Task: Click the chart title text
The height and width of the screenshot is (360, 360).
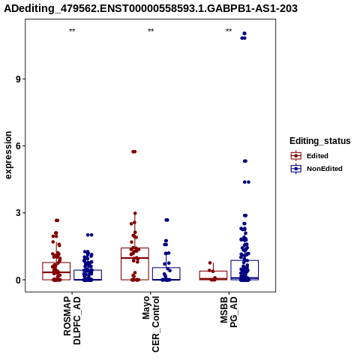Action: tap(151, 9)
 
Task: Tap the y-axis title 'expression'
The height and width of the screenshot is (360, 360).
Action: tap(8, 155)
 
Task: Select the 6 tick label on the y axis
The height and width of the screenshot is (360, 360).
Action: tap(19, 146)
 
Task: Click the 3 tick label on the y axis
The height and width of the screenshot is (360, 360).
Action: tap(19, 213)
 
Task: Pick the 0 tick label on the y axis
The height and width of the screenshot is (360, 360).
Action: tap(19, 280)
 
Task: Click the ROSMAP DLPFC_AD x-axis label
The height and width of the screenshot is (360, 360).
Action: tap(72, 320)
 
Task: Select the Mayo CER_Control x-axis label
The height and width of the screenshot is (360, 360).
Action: tap(151, 324)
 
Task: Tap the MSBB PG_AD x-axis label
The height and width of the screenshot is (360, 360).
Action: tap(229, 312)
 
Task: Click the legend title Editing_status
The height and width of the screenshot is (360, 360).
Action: tap(320, 141)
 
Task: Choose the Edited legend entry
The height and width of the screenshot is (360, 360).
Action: tap(310, 156)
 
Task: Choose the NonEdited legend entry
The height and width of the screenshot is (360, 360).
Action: tap(316, 169)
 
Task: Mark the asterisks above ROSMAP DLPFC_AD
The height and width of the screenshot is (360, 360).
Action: tap(72, 31)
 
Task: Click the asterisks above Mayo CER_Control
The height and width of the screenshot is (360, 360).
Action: tap(151, 31)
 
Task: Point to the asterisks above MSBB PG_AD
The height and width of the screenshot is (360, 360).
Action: tap(229, 31)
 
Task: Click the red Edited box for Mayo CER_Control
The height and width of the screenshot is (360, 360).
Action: tap(135, 248)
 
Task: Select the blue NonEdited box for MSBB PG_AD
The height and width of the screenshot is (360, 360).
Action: tap(244, 260)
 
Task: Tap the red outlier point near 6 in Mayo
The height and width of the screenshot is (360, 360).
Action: tap(134, 151)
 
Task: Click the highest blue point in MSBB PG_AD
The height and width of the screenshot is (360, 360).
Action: tap(244, 34)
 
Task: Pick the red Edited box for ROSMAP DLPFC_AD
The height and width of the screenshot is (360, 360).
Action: tap(56, 262)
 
